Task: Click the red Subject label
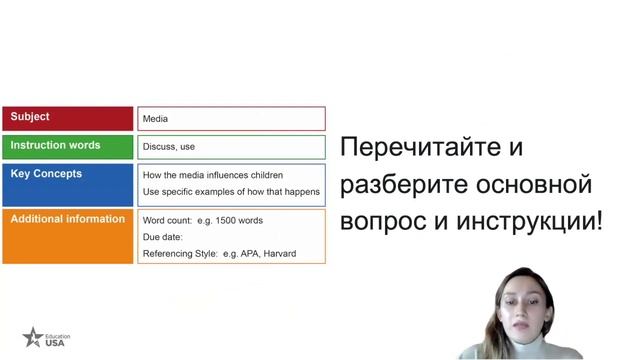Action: (30, 117)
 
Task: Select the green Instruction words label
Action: (55, 145)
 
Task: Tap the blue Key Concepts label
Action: (46, 174)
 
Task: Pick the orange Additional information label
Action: (68, 219)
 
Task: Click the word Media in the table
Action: (155, 119)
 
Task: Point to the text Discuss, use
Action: (169, 147)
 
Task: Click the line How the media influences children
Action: (212, 176)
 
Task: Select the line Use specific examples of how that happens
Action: (231, 192)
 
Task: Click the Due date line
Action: (165, 237)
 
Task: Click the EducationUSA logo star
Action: (34, 337)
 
